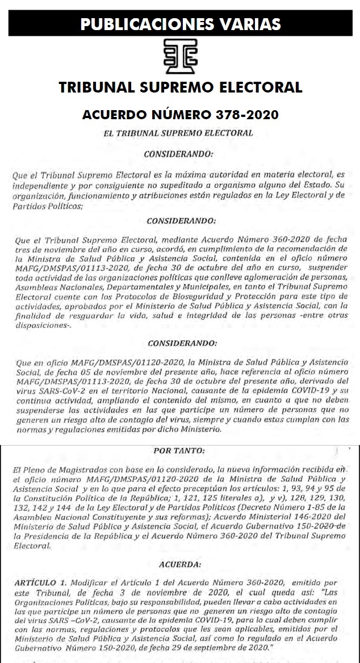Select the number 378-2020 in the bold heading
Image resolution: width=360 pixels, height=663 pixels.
pos(246,115)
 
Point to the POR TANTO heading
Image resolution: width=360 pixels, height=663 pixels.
pos(180,451)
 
